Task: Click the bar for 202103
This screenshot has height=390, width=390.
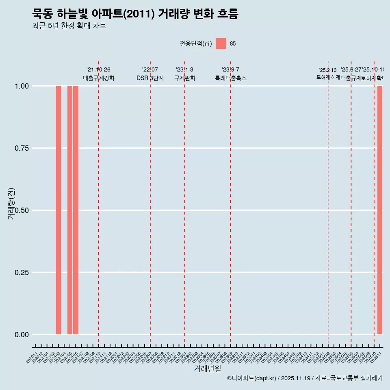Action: (x=58, y=210)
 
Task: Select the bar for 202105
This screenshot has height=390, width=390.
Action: (x=70, y=210)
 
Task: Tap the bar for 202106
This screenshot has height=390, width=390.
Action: (x=76, y=210)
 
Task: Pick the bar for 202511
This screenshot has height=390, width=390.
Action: (x=380, y=210)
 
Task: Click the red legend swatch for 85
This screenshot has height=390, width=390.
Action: (x=221, y=43)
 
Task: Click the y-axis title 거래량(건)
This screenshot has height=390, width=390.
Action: (x=11, y=204)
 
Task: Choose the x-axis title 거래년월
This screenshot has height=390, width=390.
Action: (x=208, y=369)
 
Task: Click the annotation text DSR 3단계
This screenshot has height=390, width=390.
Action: (x=150, y=78)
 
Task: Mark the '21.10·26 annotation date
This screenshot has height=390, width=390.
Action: (x=98, y=70)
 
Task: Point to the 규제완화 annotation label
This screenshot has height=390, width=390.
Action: (x=185, y=78)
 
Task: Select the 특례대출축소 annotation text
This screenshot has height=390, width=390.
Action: (x=231, y=78)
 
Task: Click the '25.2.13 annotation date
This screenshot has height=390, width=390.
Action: (x=328, y=70)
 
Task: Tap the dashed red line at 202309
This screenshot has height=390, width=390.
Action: (x=231, y=203)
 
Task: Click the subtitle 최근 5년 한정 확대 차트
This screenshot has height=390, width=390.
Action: (x=69, y=26)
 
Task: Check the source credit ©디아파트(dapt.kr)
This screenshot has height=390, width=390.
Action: (x=252, y=378)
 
